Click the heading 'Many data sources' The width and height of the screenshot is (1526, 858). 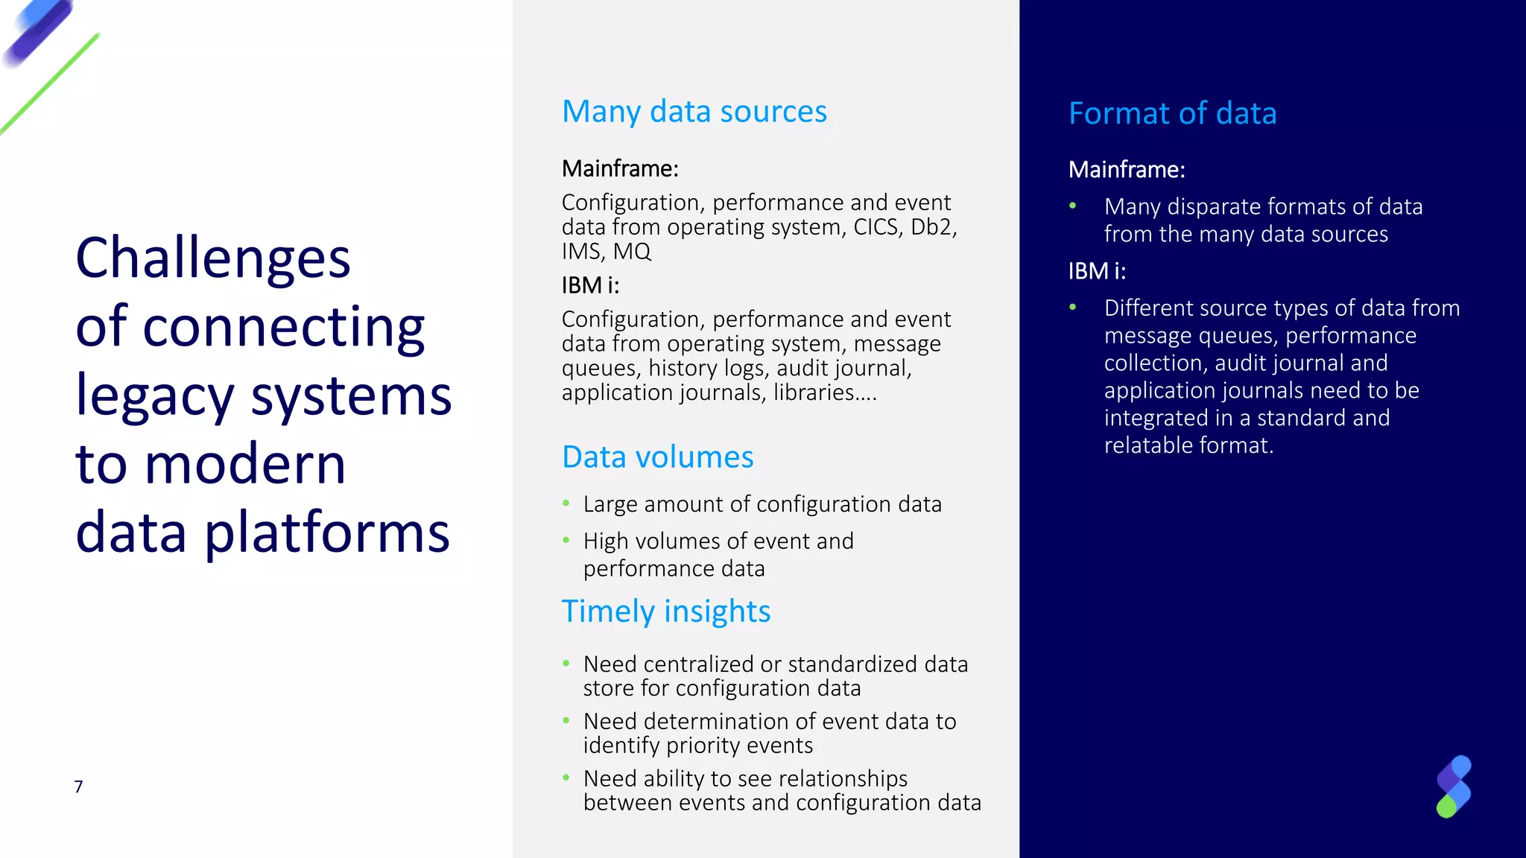694,112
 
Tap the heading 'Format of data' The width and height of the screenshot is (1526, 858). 1172,114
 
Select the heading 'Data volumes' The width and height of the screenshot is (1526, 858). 657,457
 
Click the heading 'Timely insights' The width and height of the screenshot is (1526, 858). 665,611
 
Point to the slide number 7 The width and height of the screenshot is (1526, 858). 78,786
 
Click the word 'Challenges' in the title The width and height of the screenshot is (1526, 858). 213,258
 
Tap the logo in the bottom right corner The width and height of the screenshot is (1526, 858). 1453,786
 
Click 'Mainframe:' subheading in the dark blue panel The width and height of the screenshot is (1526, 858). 1126,170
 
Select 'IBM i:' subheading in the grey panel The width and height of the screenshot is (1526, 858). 590,285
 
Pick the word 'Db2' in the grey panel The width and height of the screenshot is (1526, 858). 931,227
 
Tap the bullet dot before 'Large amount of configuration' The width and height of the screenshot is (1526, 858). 566,504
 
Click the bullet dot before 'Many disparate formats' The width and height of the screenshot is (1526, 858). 1072,206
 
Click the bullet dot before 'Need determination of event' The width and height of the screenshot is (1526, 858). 566,720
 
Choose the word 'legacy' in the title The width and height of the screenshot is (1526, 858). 155,396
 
